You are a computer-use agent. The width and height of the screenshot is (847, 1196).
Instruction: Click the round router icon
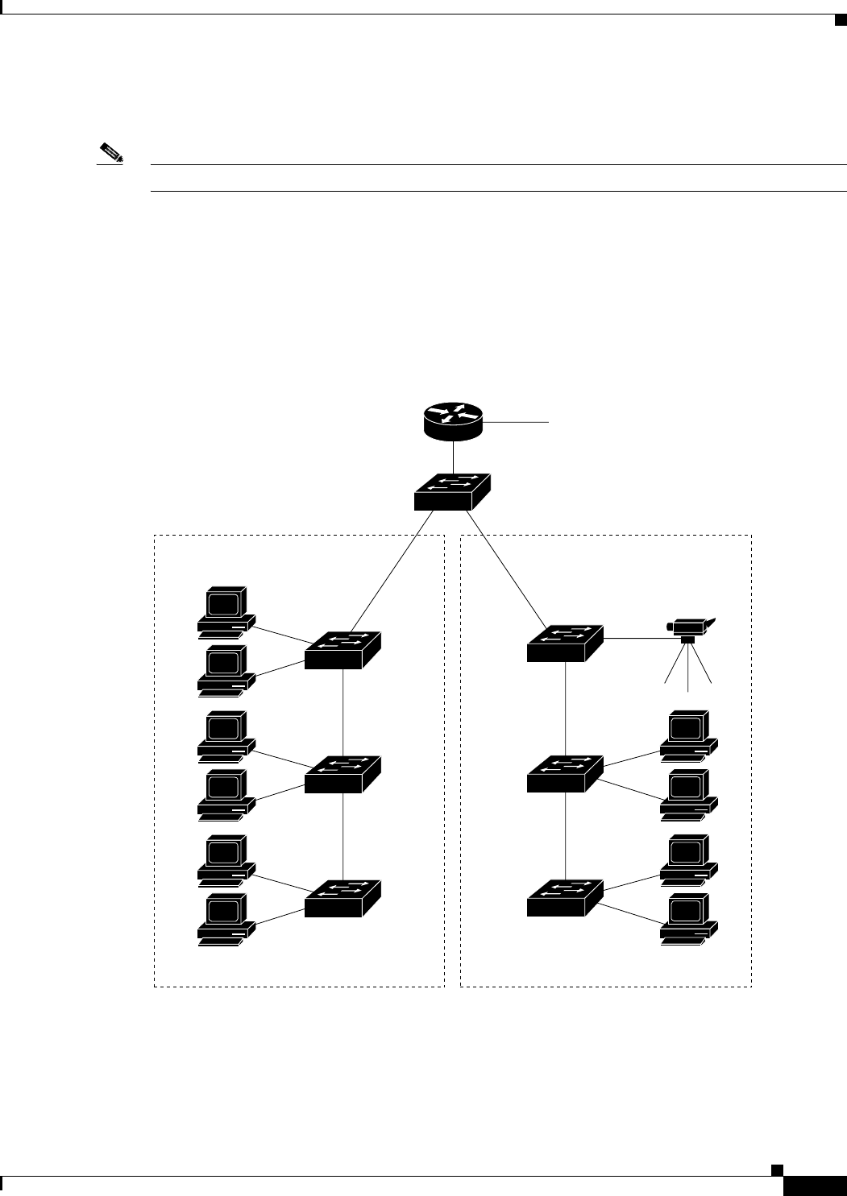[453, 422]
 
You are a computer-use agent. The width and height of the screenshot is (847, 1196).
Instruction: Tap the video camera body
[688, 625]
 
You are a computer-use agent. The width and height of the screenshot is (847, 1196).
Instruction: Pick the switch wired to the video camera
[565, 643]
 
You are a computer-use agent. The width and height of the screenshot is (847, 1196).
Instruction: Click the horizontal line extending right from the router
[516, 421]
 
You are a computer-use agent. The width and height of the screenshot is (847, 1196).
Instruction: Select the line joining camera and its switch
[637, 638]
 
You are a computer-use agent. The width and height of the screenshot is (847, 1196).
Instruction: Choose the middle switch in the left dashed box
[343, 775]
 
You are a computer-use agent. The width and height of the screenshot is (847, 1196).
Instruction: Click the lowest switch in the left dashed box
[343, 898]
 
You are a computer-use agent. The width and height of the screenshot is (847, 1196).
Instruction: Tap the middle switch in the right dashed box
[565, 773]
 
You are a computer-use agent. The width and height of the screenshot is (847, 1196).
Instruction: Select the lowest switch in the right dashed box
[565, 898]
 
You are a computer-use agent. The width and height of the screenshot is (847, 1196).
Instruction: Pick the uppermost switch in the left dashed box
[343, 650]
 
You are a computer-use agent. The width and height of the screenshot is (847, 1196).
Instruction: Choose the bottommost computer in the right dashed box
[688, 919]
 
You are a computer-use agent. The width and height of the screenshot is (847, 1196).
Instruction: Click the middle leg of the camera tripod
[688, 668]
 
